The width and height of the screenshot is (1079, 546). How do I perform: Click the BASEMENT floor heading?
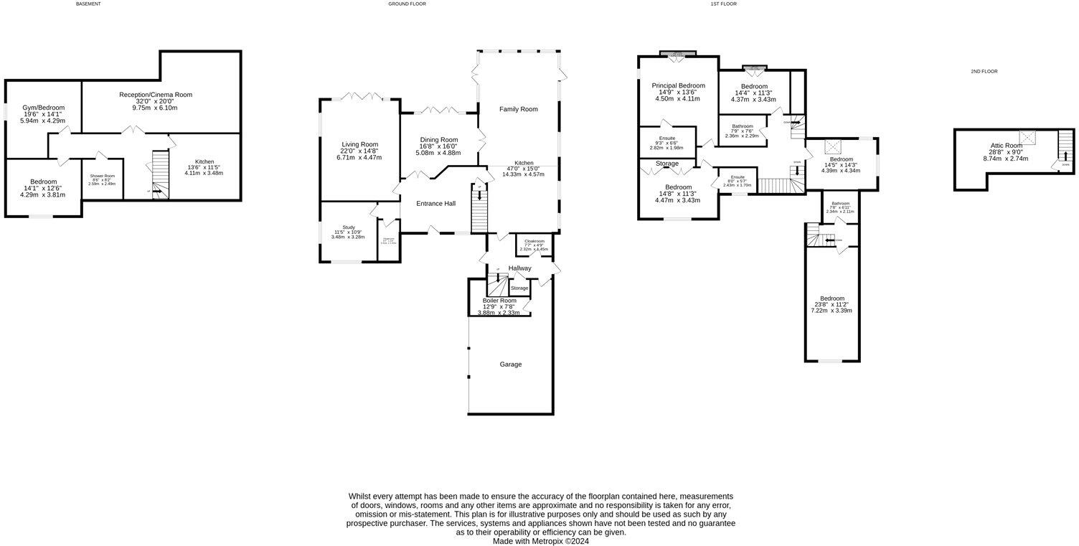[x=88, y=4]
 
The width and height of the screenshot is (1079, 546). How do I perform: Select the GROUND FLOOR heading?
[x=407, y=4]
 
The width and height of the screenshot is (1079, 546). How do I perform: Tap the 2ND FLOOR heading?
[x=984, y=72]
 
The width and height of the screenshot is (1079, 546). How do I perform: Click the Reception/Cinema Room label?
[x=156, y=95]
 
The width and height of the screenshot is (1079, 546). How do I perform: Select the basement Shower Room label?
[x=103, y=176]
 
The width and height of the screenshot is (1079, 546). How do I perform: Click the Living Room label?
[x=359, y=144]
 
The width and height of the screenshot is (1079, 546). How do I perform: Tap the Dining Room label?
[x=439, y=140]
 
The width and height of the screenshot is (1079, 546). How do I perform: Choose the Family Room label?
[x=519, y=109]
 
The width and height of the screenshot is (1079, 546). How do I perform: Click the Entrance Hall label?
[x=436, y=204]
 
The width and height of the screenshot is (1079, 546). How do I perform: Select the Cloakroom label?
[x=534, y=242]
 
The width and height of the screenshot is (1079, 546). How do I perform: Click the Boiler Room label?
[x=499, y=301]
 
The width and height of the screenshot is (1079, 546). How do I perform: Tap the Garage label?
[x=511, y=364]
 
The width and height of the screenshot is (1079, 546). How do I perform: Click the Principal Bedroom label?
[x=678, y=86]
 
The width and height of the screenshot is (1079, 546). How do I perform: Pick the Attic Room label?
[x=1006, y=146]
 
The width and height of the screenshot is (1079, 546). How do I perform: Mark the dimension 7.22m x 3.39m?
[x=832, y=311]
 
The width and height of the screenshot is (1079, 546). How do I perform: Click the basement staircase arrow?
[x=156, y=192]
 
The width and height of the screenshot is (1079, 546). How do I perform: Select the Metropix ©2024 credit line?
[x=540, y=542]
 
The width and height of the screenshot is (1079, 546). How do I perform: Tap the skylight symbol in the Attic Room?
[x=1029, y=136]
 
